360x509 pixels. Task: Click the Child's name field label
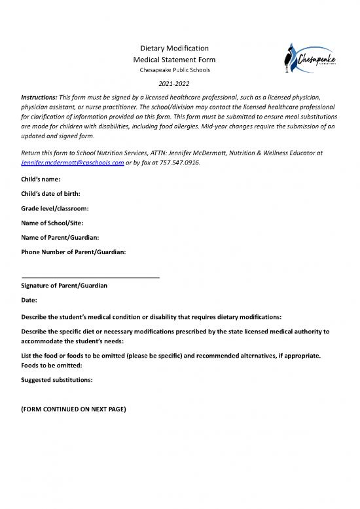tap(41, 179)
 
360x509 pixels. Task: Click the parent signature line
tap(90, 278)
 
